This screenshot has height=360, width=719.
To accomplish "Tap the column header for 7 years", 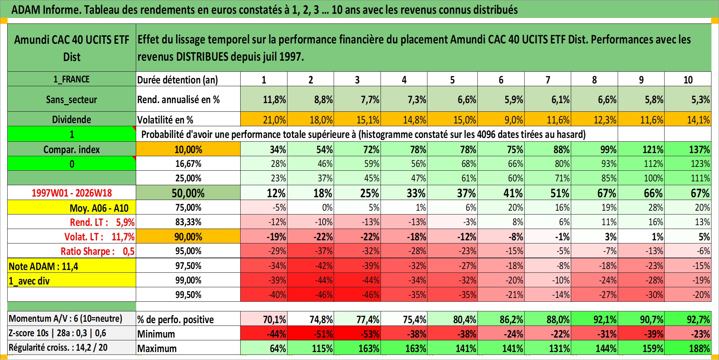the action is [548, 79].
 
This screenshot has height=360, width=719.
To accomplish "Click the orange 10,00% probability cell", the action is [188, 149].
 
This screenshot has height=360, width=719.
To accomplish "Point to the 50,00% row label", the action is [188, 193].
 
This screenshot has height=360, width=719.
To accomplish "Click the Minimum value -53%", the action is [357, 333].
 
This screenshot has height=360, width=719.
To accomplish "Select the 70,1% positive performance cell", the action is [264, 319].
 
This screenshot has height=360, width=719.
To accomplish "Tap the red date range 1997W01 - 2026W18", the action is [72, 193].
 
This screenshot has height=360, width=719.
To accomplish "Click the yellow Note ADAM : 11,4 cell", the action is [72, 266].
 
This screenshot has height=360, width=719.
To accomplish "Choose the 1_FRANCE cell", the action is [72, 79].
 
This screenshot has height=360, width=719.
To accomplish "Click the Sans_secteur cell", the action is [72, 99].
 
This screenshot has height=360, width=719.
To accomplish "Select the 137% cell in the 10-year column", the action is [688, 149].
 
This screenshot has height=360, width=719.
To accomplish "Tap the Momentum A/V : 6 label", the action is [65, 318].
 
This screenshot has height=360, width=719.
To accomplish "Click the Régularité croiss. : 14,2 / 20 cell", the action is [72, 347].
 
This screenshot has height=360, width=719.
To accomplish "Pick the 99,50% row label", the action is [188, 294].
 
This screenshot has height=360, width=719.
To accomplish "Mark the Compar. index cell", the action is [72, 149].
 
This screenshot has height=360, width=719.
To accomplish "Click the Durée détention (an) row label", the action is [178, 80].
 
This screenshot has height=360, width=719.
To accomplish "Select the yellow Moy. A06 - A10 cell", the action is [72, 207].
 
